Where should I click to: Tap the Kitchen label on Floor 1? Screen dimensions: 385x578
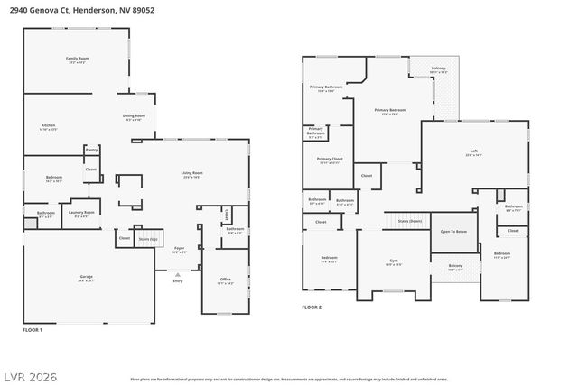tap(49, 126)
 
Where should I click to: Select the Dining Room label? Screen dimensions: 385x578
tap(134, 117)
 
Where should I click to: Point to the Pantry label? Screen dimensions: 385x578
tap(91, 150)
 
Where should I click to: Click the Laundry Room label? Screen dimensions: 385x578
tap(81, 214)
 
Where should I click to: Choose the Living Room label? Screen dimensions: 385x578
tap(191, 174)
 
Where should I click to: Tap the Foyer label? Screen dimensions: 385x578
tap(179, 251)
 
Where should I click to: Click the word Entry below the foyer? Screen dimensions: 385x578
tap(177, 280)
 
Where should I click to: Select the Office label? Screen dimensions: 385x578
tap(225, 280)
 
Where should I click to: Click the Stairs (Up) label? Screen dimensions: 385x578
tap(147, 239)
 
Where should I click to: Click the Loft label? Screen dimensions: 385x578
tap(473, 152)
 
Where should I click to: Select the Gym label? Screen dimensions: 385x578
tap(394, 262)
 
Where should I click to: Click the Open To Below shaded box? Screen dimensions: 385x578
tap(453, 232)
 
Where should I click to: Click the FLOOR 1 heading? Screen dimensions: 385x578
tap(32, 331)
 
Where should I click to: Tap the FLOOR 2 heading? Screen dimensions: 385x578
tap(312, 307)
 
